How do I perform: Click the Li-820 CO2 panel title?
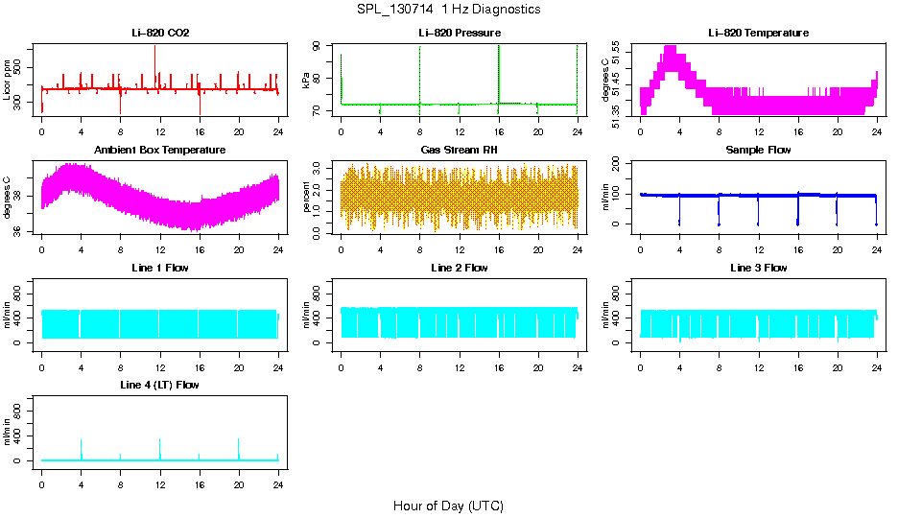(x=160, y=34)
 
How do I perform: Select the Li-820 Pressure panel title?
(x=459, y=34)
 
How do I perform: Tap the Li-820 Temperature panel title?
(x=758, y=34)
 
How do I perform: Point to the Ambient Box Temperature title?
(x=160, y=151)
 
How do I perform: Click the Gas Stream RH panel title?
(x=459, y=151)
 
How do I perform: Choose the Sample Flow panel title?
(x=758, y=151)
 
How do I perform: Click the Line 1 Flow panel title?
(x=160, y=268)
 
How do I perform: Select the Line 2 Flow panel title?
(x=459, y=268)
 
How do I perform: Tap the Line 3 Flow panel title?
(x=758, y=268)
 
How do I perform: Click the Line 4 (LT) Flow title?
(x=160, y=385)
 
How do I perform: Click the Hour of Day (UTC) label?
(x=448, y=506)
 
